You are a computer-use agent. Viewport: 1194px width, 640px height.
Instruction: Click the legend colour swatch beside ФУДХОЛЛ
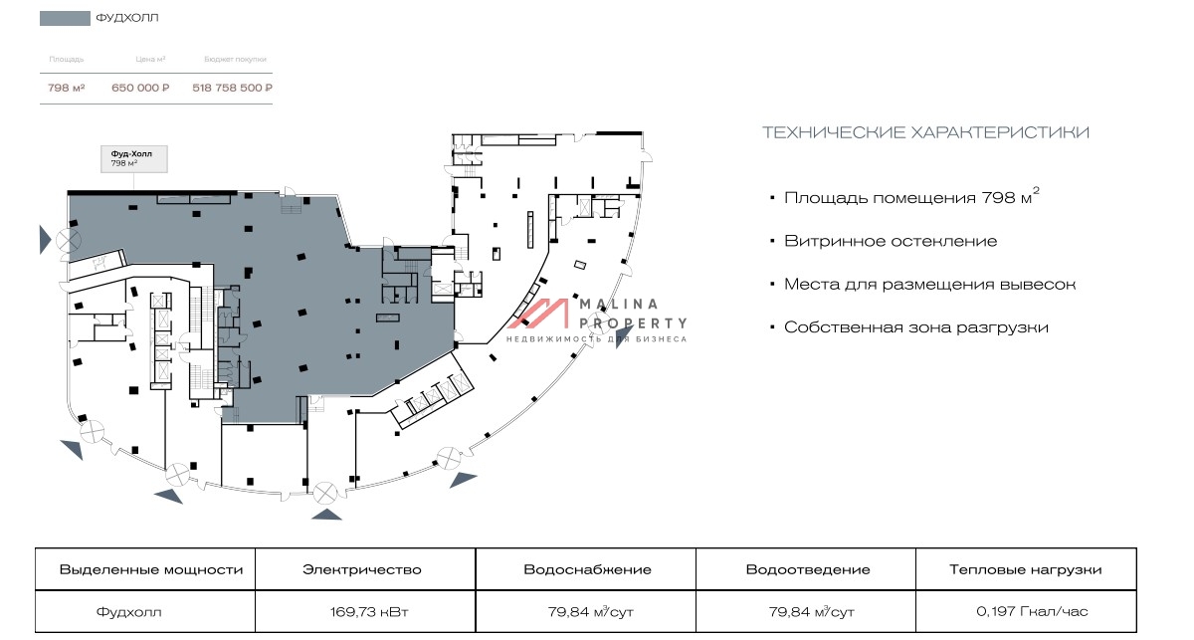tap(64, 18)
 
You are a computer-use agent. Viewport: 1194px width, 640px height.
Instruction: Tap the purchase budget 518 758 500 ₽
tap(232, 88)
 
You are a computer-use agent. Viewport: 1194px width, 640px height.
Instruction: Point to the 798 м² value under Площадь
tap(66, 88)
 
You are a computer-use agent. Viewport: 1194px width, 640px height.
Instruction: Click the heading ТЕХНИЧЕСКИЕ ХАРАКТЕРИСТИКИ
tap(924, 132)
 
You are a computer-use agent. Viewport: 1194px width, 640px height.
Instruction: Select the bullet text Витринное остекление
tap(890, 241)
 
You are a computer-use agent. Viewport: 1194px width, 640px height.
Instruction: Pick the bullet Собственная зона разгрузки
tap(915, 327)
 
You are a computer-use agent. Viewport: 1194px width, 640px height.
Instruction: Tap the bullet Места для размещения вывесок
tap(929, 285)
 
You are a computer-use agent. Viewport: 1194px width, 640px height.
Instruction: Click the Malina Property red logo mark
tap(538, 314)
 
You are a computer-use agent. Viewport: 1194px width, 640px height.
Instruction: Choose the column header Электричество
tap(362, 570)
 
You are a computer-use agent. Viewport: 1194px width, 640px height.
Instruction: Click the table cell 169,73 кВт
tap(362, 612)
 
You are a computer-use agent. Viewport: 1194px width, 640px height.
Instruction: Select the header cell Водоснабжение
tap(587, 570)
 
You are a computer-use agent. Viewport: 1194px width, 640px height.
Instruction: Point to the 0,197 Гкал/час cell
tap(1026, 612)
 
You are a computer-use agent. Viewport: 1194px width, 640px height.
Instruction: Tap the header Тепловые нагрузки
tap(1026, 570)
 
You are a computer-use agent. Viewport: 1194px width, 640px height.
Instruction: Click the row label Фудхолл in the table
tap(128, 612)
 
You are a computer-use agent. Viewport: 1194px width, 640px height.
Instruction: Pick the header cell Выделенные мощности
tap(151, 570)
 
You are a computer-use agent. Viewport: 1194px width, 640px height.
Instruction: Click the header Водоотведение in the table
tap(808, 570)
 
